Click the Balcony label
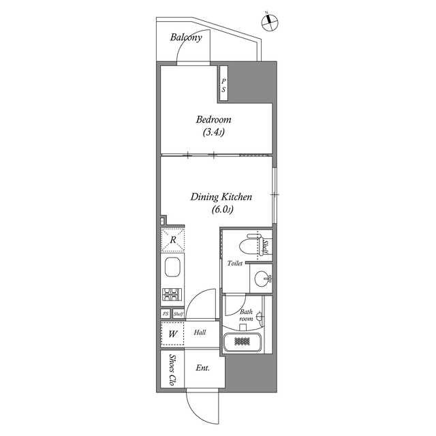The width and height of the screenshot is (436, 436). tap(186, 37)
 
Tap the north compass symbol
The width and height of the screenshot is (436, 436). tap(270, 22)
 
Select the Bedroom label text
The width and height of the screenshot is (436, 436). tap(213, 120)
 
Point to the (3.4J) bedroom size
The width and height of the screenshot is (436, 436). tap(213, 132)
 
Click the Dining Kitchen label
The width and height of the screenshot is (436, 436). tap(221, 197)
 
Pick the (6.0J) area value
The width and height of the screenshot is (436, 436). tap(223, 209)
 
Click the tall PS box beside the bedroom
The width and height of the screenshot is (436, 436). tap(223, 83)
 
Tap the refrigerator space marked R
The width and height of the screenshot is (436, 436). tap(172, 240)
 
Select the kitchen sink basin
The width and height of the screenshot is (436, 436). tap(172, 267)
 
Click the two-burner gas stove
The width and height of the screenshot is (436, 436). tap(172, 294)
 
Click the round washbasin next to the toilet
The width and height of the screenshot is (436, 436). tap(262, 278)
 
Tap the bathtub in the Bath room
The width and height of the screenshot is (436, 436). tap(243, 342)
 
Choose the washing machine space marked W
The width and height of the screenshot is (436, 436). tap(172, 334)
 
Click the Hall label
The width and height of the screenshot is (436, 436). tap(200, 332)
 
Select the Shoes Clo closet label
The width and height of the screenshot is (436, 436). tap(172, 369)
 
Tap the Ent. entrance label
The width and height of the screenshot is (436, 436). tap(203, 368)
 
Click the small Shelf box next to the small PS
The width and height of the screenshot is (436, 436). tap(178, 314)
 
